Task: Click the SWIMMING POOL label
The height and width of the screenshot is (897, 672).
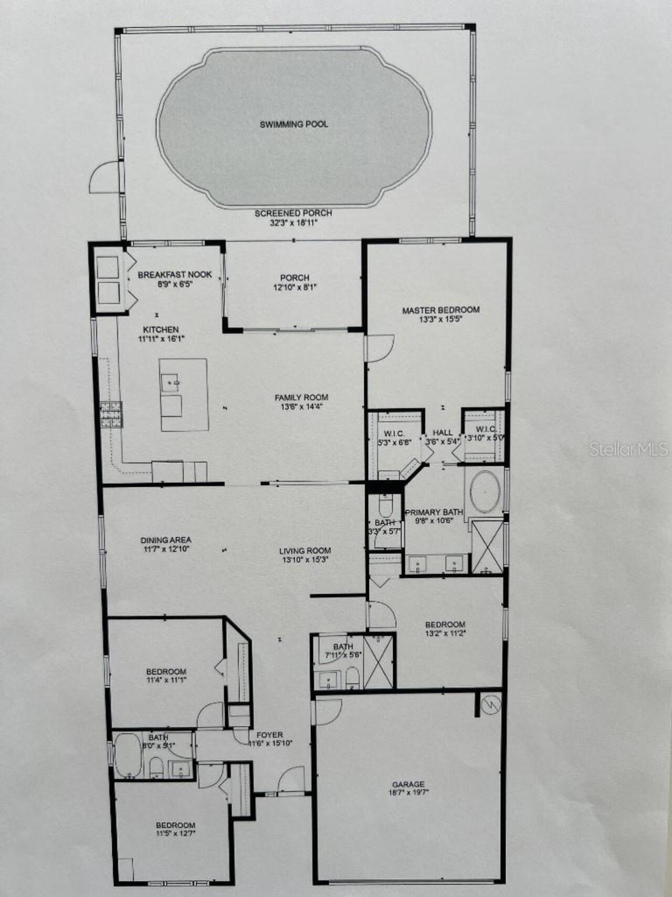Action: coord(294,125)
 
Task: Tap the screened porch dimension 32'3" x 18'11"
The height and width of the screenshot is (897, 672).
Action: coord(293,222)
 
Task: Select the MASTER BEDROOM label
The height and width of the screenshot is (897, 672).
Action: coord(440,310)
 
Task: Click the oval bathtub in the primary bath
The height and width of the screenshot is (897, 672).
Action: coord(485,492)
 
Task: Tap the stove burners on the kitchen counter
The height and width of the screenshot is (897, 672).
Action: coord(111,414)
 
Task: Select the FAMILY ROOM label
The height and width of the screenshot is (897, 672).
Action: coord(301,398)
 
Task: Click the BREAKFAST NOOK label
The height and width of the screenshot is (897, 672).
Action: coord(175,274)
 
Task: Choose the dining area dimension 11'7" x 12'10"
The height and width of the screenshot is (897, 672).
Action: coord(165,549)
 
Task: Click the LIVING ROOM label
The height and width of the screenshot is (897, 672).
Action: coord(305,551)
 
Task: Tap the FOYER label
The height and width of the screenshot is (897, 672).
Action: coord(270,735)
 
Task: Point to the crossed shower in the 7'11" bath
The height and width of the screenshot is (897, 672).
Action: coord(378,662)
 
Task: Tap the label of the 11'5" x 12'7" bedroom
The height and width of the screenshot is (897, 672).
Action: coord(175,825)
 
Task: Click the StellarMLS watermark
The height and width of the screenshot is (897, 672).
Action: coord(628,448)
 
